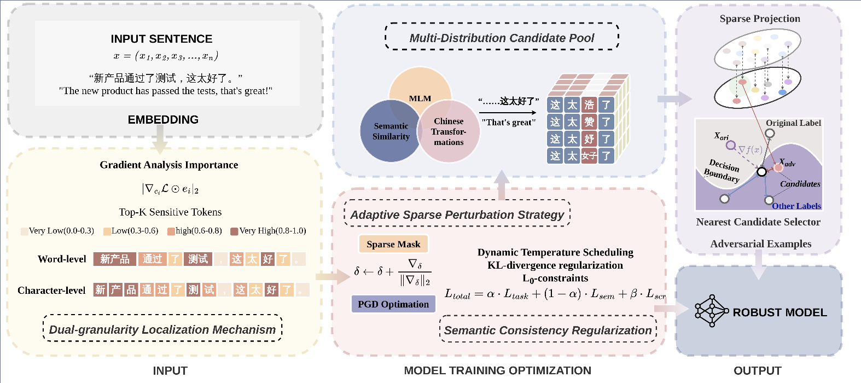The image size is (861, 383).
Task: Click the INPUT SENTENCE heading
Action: coord(161,39)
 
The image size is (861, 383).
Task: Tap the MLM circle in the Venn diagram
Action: coord(420,86)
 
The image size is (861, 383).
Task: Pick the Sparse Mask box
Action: coord(393,244)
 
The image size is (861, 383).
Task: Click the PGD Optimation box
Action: coord(393,304)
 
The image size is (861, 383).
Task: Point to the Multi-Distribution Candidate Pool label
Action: coord(502,38)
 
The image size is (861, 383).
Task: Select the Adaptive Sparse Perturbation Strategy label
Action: coord(457,214)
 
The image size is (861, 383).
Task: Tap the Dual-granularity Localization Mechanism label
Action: coord(162,329)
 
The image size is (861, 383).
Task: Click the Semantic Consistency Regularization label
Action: coord(548,330)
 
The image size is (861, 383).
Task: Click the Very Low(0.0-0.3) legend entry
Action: coord(57,231)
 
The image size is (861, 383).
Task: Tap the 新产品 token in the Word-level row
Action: coord(114,259)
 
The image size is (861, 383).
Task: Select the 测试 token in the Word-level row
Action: coord(198,259)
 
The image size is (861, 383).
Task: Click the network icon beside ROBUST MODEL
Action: coord(712,311)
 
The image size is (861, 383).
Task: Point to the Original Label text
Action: coord(793,123)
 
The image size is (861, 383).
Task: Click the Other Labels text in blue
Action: coord(796,206)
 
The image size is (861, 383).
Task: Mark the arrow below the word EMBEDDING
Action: coord(160,139)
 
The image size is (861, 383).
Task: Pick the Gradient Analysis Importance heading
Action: coord(168,165)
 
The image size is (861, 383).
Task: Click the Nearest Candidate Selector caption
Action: coord(758,222)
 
